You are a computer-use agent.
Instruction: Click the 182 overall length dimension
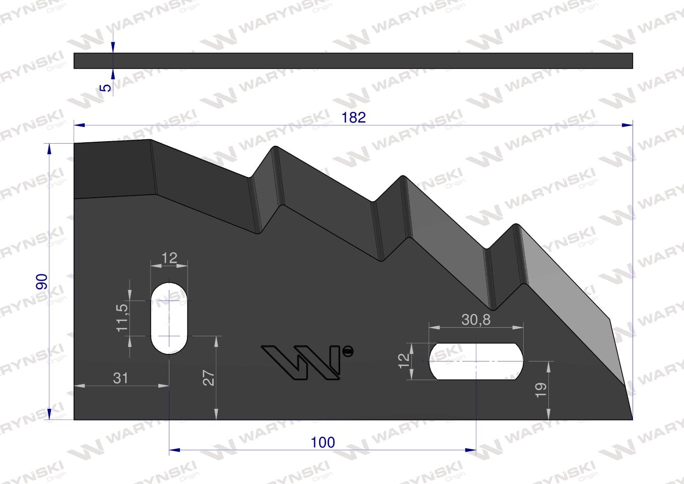353,117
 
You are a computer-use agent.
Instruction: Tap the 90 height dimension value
42,281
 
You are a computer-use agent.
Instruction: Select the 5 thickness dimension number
106,88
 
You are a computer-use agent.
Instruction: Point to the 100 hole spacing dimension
323,442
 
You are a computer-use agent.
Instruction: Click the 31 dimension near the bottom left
120,378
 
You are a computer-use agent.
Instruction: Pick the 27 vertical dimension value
209,378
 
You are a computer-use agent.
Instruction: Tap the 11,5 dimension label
122,318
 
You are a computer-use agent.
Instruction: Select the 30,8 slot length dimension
476,320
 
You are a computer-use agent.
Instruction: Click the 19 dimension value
540,390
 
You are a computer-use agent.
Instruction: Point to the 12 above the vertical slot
169,258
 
